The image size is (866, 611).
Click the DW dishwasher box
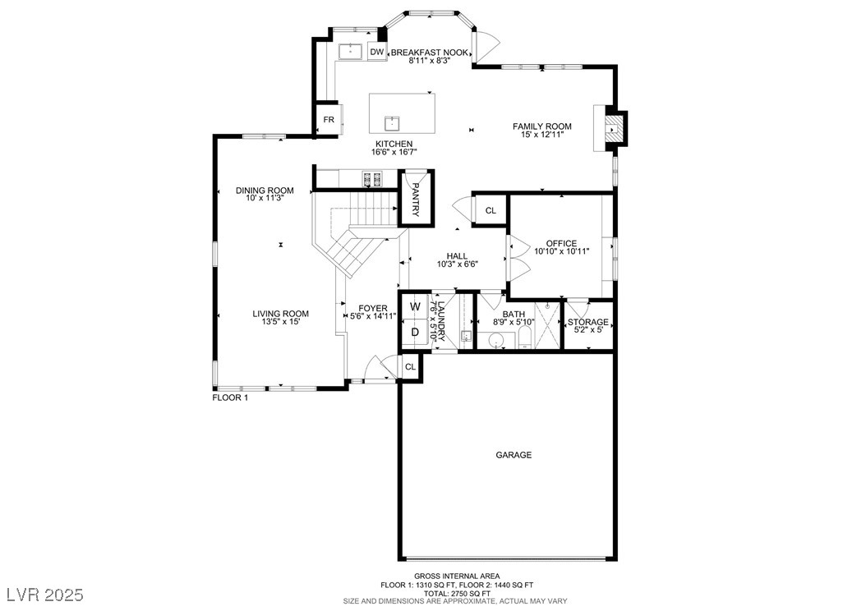click(x=376, y=52)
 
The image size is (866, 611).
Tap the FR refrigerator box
click(x=329, y=119)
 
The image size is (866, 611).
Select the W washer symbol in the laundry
click(x=415, y=306)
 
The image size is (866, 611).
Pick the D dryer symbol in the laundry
click(x=415, y=333)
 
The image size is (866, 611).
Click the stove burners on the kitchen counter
click(x=371, y=178)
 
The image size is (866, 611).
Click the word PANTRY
click(x=416, y=200)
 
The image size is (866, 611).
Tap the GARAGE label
click(x=514, y=455)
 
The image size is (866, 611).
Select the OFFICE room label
click(x=561, y=243)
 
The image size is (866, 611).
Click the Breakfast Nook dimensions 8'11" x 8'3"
click(x=430, y=61)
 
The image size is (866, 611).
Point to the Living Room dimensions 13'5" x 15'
click(x=280, y=322)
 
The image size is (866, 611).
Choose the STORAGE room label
click(x=587, y=322)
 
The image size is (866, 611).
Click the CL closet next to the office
click(x=491, y=210)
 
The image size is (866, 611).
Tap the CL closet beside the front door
click(x=410, y=366)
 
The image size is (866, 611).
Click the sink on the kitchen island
click(x=392, y=122)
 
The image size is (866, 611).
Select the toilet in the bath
click(x=525, y=338)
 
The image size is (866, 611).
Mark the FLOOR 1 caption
click(x=230, y=397)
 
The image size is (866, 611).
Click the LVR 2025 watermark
click(x=45, y=595)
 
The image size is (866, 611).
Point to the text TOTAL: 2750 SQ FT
click(x=457, y=593)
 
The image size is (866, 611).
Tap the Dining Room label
click(x=265, y=191)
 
